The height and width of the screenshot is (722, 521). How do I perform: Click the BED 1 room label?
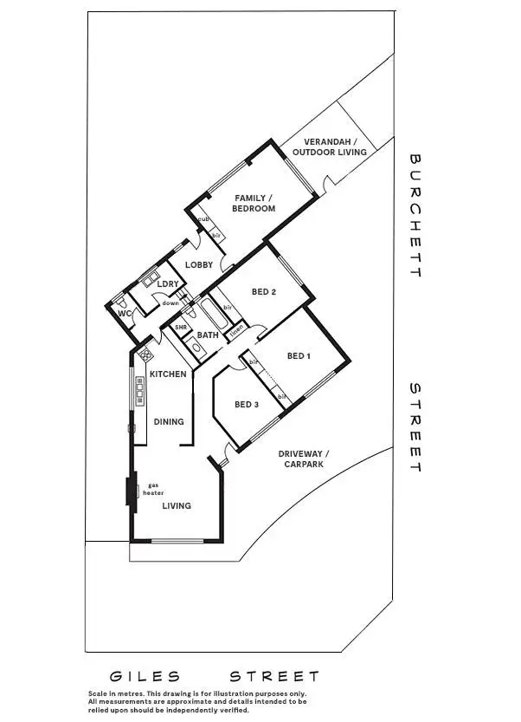299,355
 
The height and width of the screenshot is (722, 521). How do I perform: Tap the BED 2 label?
263,292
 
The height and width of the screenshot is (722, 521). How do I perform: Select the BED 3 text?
246,405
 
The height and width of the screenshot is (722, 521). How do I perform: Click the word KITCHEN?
168,374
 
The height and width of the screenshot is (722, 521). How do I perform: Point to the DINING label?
169,422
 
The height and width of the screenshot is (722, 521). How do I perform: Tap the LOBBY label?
198,264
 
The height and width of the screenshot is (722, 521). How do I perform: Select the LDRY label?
167,283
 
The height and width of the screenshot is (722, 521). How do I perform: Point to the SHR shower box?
182,328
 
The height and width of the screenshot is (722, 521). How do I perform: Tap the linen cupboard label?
236,329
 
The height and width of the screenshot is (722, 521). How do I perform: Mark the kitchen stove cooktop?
143,354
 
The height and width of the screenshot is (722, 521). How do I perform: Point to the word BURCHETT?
415,216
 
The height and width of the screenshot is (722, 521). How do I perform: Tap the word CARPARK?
303,465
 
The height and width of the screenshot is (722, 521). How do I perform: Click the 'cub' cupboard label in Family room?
203,220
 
